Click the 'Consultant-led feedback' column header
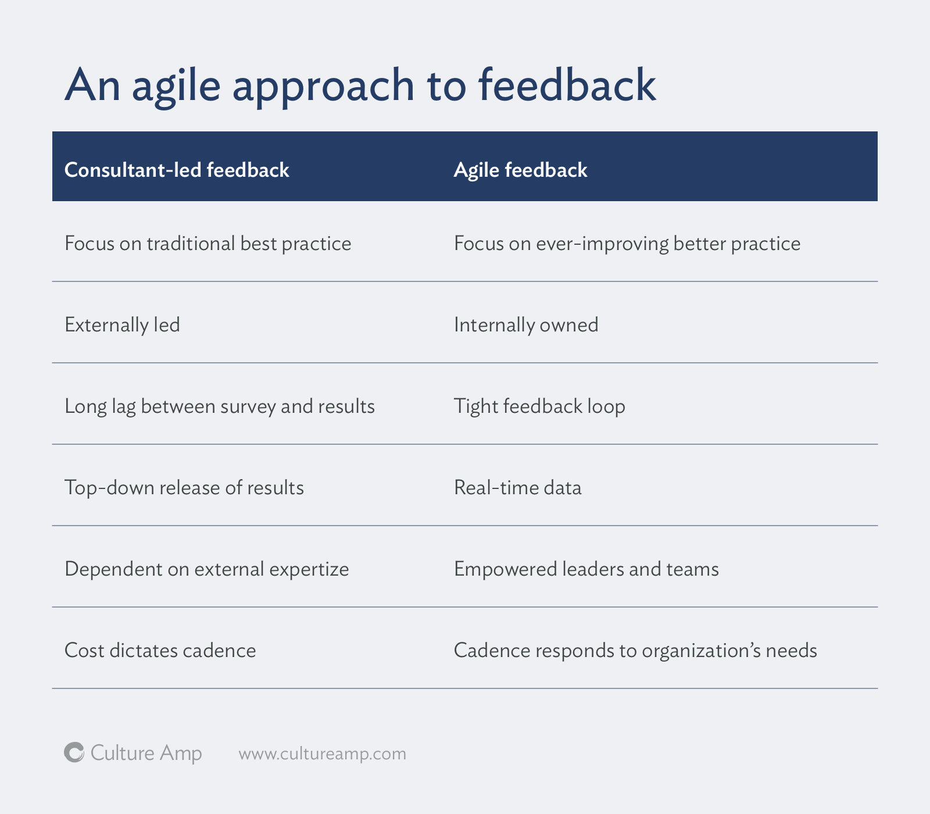click(177, 170)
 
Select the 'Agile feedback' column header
click(520, 170)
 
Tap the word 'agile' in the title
click(176, 86)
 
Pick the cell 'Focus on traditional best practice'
click(208, 243)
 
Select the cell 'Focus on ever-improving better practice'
click(627, 243)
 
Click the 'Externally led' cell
click(122, 324)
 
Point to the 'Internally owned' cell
click(525, 324)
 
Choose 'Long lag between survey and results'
click(219, 406)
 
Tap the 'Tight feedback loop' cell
click(539, 406)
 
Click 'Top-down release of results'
click(184, 487)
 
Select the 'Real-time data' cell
click(517, 487)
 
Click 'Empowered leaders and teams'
click(586, 569)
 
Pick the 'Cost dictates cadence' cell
click(160, 650)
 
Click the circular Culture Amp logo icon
click(74, 752)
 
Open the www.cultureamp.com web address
click(322, 754)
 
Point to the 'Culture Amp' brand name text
click(146, 753)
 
